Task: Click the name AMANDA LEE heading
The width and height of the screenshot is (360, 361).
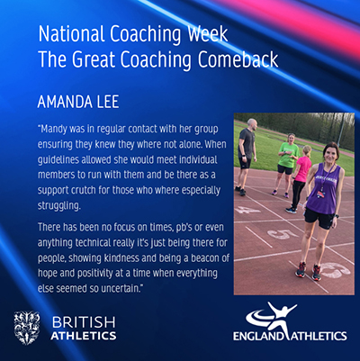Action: pos(78,102)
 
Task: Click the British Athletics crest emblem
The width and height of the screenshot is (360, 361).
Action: pos(27,328)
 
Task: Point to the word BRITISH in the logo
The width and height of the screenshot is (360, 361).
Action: pos(84,322)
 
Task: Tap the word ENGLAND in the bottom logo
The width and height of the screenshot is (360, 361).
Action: pos(258,336)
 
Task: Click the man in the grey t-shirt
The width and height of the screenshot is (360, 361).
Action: pos(247,156)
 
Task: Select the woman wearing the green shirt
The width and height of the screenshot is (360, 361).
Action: pos(286,164)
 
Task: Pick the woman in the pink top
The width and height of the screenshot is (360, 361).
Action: pos(300,178)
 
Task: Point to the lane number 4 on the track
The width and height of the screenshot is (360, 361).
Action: pos(247,210)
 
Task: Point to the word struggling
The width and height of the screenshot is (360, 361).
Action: pos(59,206)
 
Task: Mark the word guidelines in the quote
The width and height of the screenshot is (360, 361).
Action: pos(57,160)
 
